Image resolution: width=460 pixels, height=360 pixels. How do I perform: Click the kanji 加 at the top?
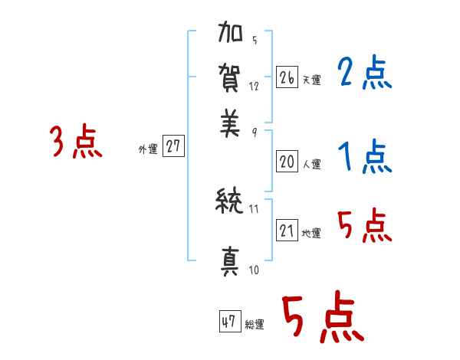232,36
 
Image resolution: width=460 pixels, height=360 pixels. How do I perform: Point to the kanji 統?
231,202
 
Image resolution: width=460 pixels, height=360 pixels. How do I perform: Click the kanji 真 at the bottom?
231,261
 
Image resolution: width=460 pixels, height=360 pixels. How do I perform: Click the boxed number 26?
287,77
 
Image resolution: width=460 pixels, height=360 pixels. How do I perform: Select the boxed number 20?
287,162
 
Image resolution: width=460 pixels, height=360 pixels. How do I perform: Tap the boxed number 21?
287,231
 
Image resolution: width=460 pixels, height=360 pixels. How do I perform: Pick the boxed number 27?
174,146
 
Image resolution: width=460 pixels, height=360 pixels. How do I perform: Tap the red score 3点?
76,142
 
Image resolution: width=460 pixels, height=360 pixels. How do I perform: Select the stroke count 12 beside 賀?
254,87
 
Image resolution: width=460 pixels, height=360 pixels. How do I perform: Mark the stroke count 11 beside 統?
255,208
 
